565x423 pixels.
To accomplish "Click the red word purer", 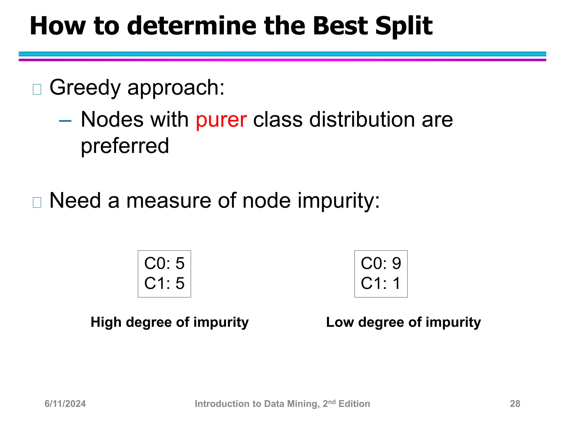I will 221,120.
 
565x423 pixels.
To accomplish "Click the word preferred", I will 125,146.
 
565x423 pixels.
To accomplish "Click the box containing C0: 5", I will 164,274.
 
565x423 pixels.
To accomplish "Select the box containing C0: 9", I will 381,274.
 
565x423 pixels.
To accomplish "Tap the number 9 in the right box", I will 396,264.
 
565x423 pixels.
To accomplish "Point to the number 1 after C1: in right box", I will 396,283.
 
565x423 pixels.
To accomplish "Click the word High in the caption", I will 106,322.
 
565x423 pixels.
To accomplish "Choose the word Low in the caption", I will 340,322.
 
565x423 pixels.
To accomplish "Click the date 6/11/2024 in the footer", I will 65,404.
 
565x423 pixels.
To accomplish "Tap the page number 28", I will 515,404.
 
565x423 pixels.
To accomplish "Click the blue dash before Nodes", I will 65,121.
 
